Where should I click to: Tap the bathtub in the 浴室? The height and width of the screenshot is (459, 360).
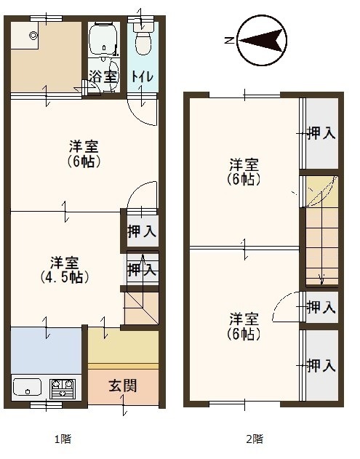click(x=103, y=39)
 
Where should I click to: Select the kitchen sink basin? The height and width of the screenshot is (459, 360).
click(x=27, y=387)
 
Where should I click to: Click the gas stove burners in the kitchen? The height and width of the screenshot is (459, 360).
click(x=62, y=388)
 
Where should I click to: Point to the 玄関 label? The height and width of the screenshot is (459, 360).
click(x=123, y=386)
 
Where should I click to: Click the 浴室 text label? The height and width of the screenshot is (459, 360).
click(x=103, y=76)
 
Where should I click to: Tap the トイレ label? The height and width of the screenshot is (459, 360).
click(x=143, y=76)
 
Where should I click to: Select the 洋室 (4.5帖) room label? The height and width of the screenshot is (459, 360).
click(x=65, y=270)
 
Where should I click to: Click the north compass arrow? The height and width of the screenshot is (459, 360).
click(x=262, y=40)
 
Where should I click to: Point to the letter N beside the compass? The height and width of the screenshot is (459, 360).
click(x=230, y=40)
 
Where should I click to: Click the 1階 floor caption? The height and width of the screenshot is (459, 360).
click(x=63, y=439)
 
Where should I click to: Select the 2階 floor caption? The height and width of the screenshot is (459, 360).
click(x=255, y=439)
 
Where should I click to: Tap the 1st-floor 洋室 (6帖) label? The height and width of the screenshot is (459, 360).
click(x=84, y=153)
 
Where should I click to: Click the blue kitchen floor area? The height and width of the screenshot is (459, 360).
click(x=47, y=350)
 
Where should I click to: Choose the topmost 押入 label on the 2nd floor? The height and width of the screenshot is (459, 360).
click(x=321, y=134)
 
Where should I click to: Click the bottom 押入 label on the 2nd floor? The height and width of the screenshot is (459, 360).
click(x=321, y=365)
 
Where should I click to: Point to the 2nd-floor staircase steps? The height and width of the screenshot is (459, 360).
click(x=322, y=245)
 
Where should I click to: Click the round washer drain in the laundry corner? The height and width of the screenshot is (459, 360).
click(x=33, y=36)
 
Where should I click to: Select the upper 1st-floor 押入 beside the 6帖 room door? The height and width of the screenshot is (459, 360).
click(x=143, y=231)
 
